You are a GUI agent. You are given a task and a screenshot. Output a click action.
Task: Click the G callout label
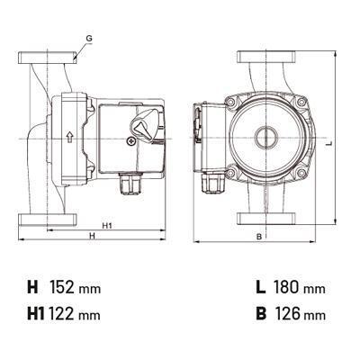[x=89, y=39]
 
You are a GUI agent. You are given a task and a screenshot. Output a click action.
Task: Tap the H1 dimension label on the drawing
[x=107, y=226]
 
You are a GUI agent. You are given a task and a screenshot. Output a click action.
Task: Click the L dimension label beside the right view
[x=329, y=143]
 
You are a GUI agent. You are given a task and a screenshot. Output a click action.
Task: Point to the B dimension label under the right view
[x=259, y=237]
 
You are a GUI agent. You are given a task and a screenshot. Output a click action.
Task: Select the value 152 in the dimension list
[x=62, y=287]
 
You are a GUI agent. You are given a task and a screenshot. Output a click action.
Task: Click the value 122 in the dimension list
[x=62, y=314]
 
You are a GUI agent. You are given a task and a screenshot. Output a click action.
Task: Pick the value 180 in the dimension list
[x=286, y=287]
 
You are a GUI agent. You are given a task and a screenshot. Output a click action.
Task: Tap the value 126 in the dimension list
[x=286, y=314]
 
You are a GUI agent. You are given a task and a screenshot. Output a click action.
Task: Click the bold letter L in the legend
[x=261, y=287]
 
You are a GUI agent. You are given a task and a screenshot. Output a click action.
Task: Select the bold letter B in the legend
[x=261, y=314]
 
